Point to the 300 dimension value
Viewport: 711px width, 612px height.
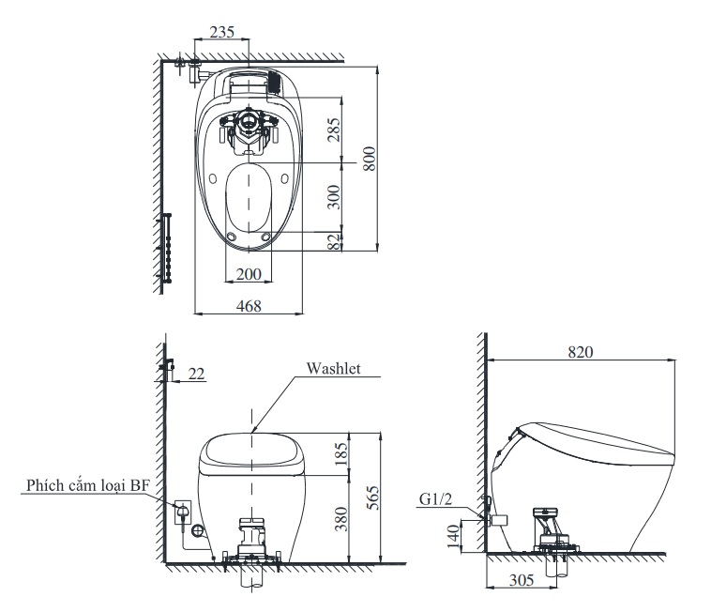(x=335, y=196)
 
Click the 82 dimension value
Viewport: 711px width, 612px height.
(x=335, y=241)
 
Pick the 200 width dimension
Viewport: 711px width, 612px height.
(x=249, y=274)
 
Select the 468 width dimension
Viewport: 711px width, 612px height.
(x=248, y=305)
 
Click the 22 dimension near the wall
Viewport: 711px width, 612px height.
(x=196, y=374)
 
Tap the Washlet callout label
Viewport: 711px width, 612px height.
(x=333, y=369)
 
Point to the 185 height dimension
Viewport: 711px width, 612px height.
(x=340, y=454)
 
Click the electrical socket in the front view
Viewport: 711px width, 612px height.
(x=182, y=512)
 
